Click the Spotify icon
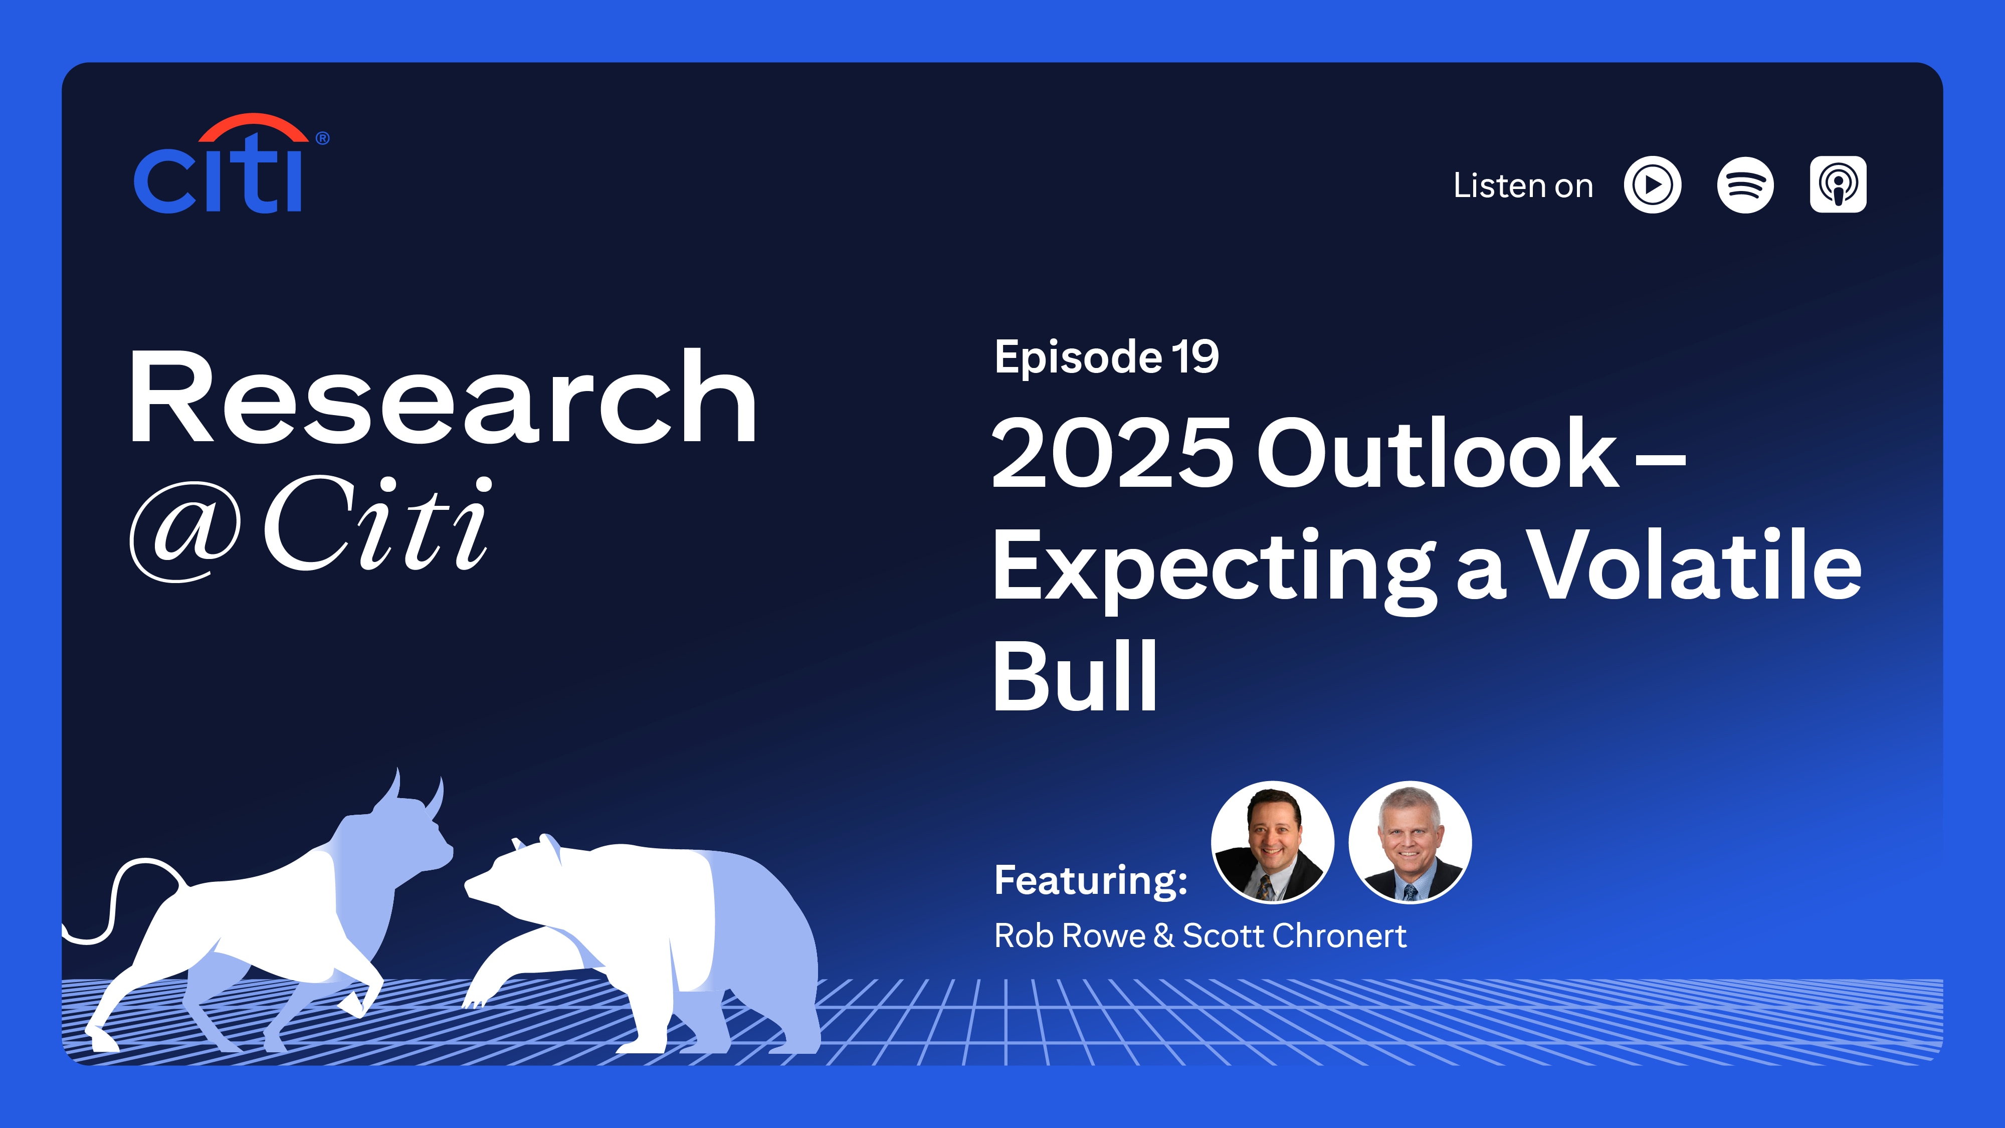(x=1745, y=185)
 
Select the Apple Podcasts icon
(x=1838, y=184)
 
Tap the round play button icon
(x=1653, y=185)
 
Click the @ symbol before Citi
(x=185, y=530)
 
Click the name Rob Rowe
(x=1070, y=935)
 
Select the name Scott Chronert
(x=1294, y=935)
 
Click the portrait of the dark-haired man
(x=1273, y=842)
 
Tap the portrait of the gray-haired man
(x=1410, y=842)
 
